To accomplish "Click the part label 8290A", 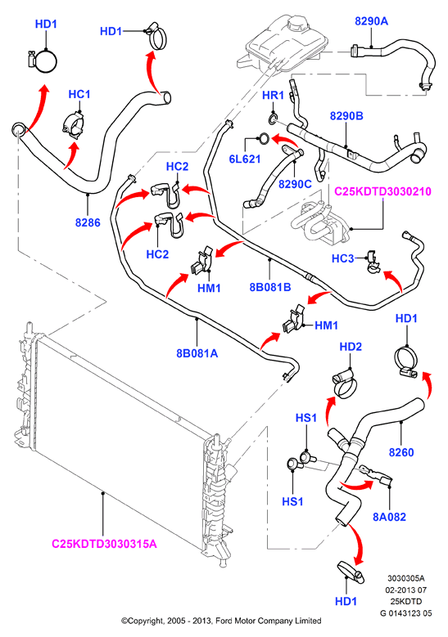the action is point(371,21).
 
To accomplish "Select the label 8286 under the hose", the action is point(88,222).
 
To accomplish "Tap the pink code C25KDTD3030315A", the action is point(104,544).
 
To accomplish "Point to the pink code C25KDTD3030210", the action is point(382,191).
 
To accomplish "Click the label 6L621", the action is point(245,159).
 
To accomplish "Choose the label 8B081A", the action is point(197,353).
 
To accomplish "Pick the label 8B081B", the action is point(270,287).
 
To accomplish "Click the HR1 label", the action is point(273,96).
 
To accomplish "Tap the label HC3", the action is point(342,258).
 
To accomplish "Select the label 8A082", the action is point(389,517).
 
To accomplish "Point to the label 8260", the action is point(401,452).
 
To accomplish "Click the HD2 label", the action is point(351,347).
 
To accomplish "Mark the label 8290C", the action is point(295,184).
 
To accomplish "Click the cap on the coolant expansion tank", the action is point(296,25).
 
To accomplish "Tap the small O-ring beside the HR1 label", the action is point(273,119).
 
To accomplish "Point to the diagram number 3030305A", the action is point(405,578).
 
